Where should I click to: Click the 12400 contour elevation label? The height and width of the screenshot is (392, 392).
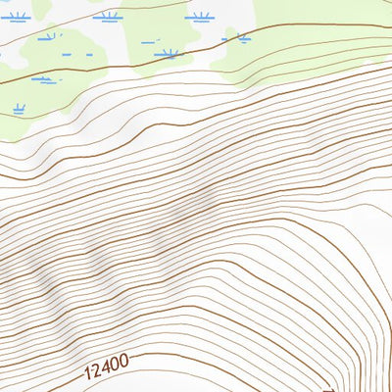tap(107, 369)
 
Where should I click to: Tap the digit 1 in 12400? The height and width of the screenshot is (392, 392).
tap(88, 374)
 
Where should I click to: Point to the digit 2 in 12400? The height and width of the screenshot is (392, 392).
tap(97, 372)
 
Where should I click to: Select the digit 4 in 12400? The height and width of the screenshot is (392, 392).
tap(107, 369)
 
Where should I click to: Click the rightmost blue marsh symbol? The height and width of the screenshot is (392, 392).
tap(236, 38)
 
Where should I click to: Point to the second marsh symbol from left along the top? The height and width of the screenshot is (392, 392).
tap(107, 17)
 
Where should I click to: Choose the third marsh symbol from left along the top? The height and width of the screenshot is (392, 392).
tap(200, 17)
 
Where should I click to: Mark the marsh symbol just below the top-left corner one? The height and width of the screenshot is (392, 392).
tap(47, 38)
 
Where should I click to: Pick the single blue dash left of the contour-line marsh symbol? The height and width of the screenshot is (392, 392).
tap(148, 42)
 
